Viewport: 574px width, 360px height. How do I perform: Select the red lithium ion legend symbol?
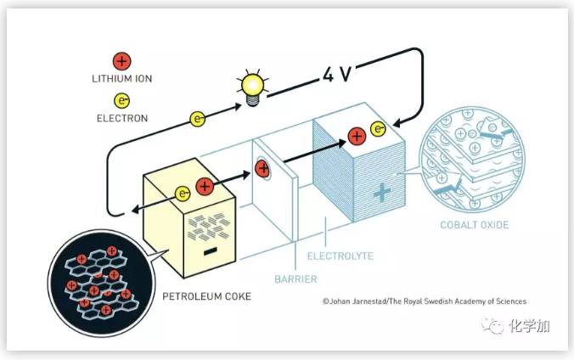[x=122, y=61]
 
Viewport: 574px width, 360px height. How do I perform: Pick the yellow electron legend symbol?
[x=122, y=101]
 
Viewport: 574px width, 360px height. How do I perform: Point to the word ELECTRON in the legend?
[x=122, y=118]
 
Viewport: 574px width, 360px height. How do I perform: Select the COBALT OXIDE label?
[x=473, y=225]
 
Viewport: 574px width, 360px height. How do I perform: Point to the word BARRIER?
[x=295, y=278]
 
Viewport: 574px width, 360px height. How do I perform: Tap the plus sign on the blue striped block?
[x=382, y=193]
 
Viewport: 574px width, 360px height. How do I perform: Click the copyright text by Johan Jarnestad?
[x=424, y=301]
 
